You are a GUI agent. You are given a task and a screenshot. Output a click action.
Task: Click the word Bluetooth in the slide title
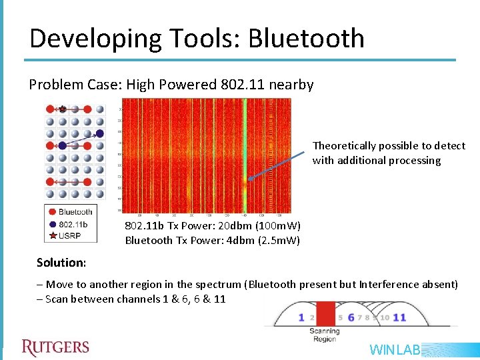pos(306,38)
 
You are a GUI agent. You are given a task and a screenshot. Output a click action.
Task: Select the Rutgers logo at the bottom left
pos(55,347)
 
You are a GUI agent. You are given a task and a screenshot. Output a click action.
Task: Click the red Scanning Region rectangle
pos(325,314)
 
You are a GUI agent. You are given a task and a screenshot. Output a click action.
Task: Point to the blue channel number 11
pos(399,317)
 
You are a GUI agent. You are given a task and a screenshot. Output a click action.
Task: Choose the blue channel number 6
pos(351,317)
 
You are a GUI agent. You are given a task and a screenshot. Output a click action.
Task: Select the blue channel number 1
pos(301,317)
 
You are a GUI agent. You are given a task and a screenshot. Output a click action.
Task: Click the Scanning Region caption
pos(324,335)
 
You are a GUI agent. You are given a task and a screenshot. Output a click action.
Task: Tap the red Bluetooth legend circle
pos(51,213)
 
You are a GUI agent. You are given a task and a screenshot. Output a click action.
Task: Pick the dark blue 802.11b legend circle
pos(51,224)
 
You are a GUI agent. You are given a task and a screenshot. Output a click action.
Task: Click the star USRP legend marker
pos(51,235)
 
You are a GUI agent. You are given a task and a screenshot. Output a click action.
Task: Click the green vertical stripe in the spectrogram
pos(245,140)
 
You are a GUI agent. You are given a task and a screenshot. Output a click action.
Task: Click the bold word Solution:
pos(61,263)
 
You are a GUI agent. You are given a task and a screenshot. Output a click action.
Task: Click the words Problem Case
pos(69,85)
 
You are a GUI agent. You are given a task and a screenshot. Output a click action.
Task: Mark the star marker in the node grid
pos(62,108)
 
